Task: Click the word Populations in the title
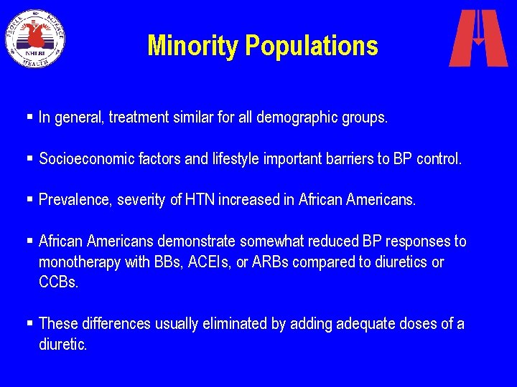tap(312, 46)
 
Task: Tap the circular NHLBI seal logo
tap(35, 38)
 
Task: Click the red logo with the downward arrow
tap(478, 38)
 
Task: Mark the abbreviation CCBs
tap(59, 282)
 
